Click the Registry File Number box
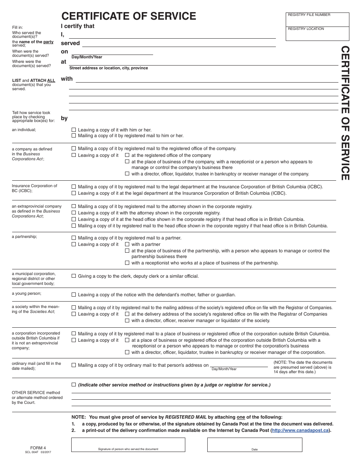(x=317, y=20)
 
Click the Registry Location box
(x=317, y=34)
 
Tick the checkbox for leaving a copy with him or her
(x=74, y=130)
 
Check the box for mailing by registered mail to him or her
(x=74, y=136)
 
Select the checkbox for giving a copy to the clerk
(x=74, y=276)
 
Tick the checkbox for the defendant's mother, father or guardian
(x=74, y=295)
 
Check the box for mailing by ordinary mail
(x=74, y=365)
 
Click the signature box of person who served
(x=128, y=445)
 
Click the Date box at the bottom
(x=255, y=445)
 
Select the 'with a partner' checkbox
(x=127, y=244)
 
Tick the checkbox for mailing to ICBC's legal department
(x=74, y=187)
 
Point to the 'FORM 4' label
(x=38, y=447)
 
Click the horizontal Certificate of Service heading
(x=129, y=16)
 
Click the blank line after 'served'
(x=178, y=44)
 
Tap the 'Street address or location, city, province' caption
(x=109, y=68)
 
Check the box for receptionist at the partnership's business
(x=127, y=263)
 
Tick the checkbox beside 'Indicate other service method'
(x=74, y=385)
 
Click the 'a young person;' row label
(x=27, y=294)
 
